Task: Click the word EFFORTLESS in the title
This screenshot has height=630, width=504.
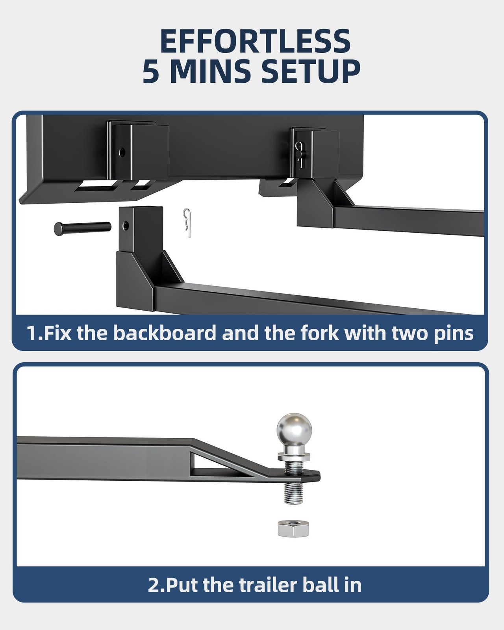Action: point(255,41)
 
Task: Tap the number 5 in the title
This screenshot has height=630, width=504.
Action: point(151,71)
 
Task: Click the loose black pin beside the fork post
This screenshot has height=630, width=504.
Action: point(83,228)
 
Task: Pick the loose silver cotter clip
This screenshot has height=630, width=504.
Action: point(187,223)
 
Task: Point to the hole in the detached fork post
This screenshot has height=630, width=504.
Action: point(126,225)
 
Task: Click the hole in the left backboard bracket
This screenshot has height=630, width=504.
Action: point(122,152)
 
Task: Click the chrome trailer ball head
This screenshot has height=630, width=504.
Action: point(294,430)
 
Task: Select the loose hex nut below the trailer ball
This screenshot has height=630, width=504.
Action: point(293,529)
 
